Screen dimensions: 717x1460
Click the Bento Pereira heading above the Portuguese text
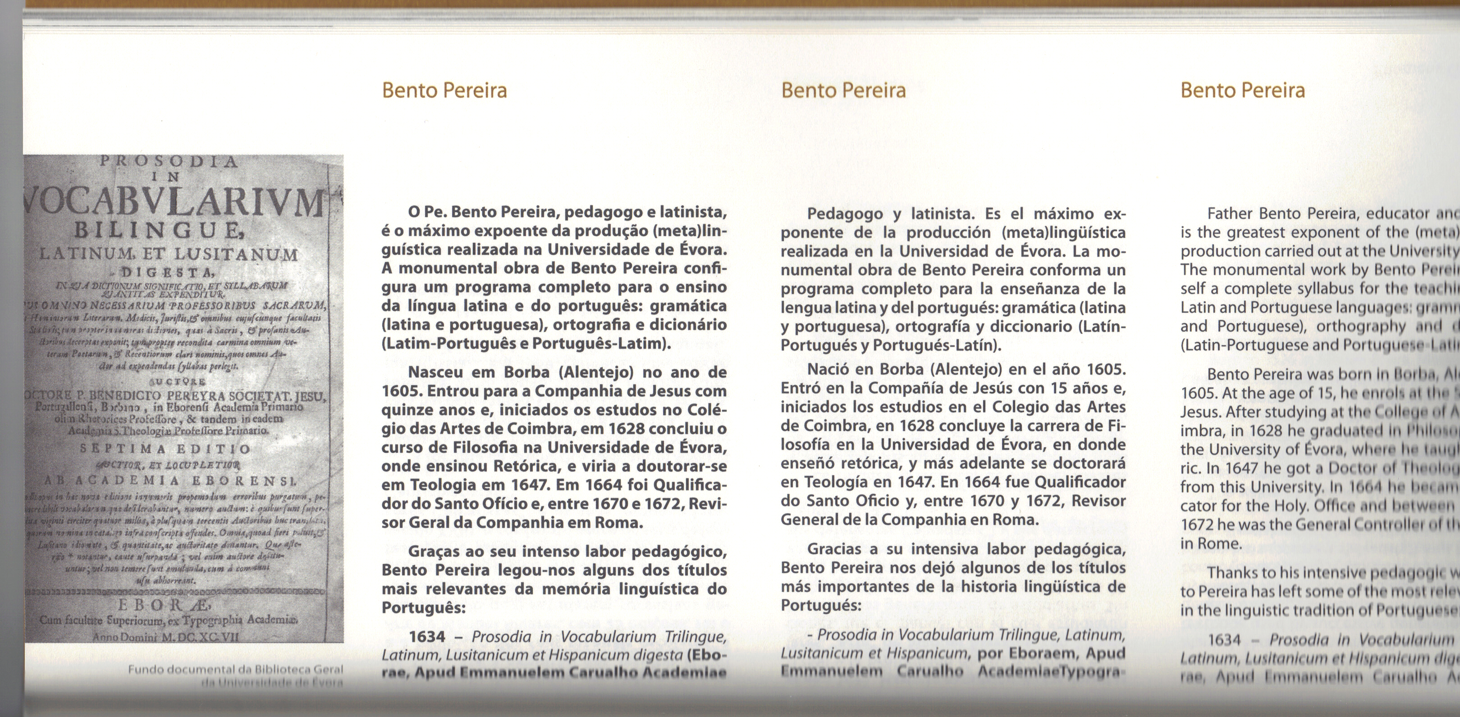coord(444,91)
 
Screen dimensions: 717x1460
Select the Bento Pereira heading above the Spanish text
coord(843,91)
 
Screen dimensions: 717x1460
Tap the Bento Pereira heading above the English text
coord(1242,91)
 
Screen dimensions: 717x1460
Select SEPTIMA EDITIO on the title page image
coord(165,449)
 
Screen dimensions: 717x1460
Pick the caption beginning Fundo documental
coord(235,670)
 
